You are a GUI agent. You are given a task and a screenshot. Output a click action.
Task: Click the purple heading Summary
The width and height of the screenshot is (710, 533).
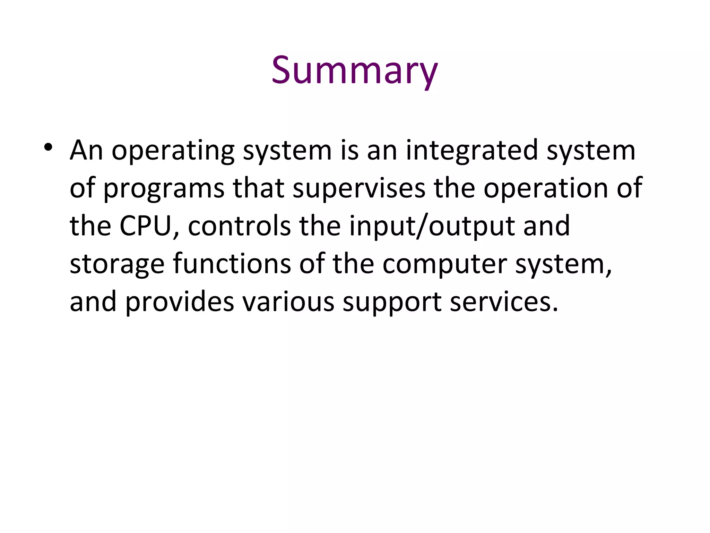[x=354, y=71]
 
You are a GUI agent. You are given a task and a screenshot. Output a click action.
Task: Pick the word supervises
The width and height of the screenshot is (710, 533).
[x=359, y=188]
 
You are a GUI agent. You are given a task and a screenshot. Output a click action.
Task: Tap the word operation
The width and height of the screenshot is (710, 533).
[x=546, y=188]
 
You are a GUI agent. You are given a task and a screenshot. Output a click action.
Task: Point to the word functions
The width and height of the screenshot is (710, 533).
[x=232, y=264]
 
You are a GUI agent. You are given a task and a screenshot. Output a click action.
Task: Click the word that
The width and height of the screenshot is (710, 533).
[x=258, y=188]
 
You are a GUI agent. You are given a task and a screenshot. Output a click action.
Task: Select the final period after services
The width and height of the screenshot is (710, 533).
[x=555, y=309]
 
